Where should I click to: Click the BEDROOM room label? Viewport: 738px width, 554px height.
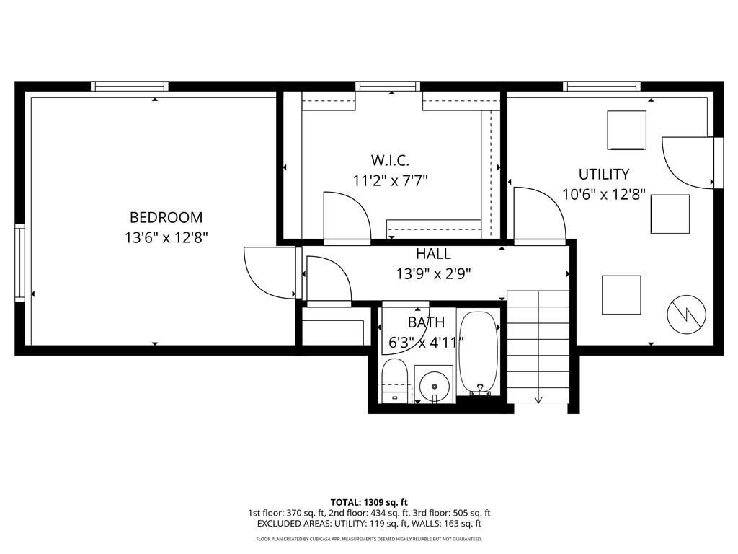[x=166, y=217]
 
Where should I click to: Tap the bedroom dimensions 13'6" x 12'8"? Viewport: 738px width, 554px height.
[x=166, y=237]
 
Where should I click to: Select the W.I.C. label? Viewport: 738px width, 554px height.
[x=390, y=161]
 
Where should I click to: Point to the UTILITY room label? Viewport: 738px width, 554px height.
[x=604, y=175]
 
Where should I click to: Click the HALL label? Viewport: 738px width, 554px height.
[x=433, y=254]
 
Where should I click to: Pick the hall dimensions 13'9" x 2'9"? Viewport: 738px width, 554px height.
[x=433, y=273]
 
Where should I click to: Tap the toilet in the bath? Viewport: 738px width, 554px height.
[x=394, y=381]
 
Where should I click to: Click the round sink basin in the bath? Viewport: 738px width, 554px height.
[x=434, y=386]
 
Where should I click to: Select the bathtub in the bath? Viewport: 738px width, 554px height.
[x=479, y=353]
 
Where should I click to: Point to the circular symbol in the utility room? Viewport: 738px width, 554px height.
[x=687, y=315]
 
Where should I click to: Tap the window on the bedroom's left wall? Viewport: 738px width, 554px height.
[x=19, y=262]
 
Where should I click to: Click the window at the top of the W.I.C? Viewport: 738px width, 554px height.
[x=388, y=87]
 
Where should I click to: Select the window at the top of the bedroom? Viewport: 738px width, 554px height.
[x=130, y=87]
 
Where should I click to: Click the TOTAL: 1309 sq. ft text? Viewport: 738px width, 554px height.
[x=369, y=502]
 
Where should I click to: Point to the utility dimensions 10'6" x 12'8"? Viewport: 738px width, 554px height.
[x=604, y=194]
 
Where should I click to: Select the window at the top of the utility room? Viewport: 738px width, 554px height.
[x=602, y=87]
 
